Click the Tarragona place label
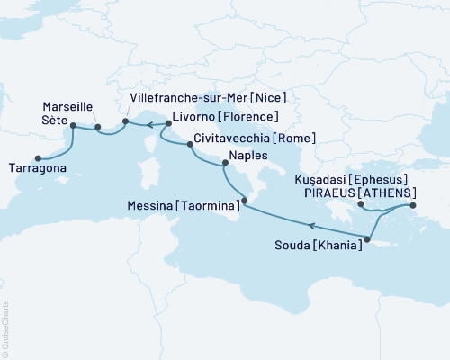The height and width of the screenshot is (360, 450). pyautogui.click(x=40, y=167)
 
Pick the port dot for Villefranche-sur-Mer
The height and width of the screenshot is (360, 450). pyautogui.click(x=125, y=121)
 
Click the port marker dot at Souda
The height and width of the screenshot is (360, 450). pyautogui.click(x=367, y=238)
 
